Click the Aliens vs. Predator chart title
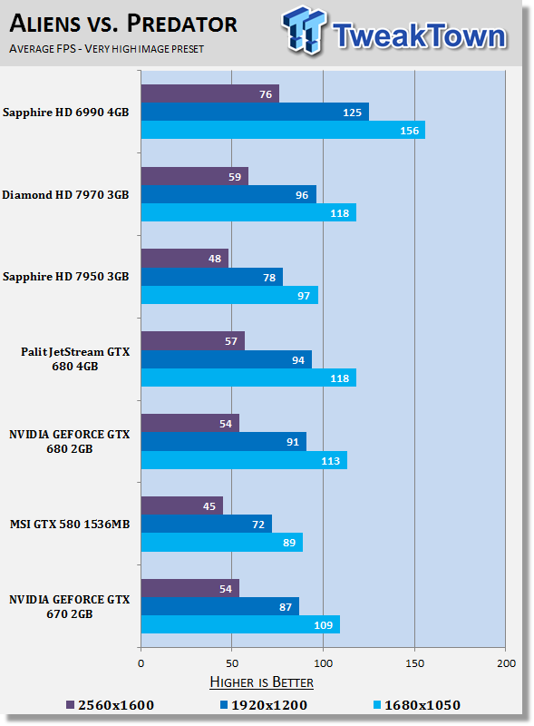pyautogui.click(x=123, y=24)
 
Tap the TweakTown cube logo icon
pyautogui.click(x=304, y=30)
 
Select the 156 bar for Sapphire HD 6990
pyautogui.click(x=283, y=130)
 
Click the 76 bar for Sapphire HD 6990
pyautogui.click(x=210, y=94)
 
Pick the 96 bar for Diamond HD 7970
pyautogui.click(x=228, y=194)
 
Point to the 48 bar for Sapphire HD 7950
pyautogui.click(x=185, y=259)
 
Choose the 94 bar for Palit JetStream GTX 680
pyautogui.click(x=227, y=359)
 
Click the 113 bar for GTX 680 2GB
pyautogui.click(x=244, y=460)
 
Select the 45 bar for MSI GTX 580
pyautogui.click(x=182, y=505)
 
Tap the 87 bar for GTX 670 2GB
pyautogui.click(x=220, y=606)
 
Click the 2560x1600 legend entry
pyautogui.click(x=110, y=705)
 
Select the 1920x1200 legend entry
pyautogui.click(x=264, y=705)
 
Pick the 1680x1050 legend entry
pyautogui.click(x=417, y=705)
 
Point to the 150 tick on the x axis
pyautogui.click(x=414, y=663)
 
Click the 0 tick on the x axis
pyautogui.click(x=141, y=663)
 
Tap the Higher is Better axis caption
pyautogui.click(x=261, y=682)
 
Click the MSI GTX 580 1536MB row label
pyautogui.click(x=70, y=525)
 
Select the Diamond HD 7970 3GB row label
pyautogui.click(x=65, y=195)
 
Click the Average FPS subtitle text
pyautogui.click(x=106, y=49)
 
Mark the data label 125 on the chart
pyautogui.click(x=352, y=113)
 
